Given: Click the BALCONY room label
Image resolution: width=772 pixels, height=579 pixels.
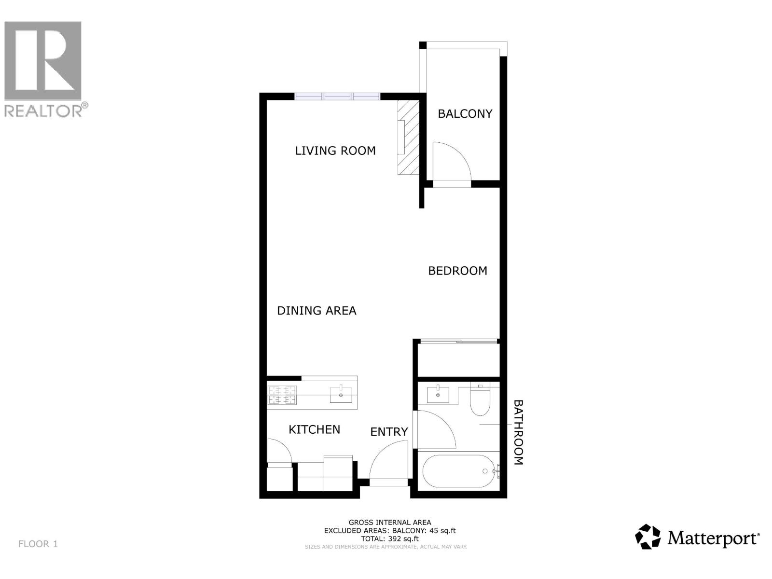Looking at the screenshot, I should click(x=465, y=114).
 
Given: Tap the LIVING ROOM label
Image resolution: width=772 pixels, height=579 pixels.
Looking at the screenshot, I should click(x=335, y=151).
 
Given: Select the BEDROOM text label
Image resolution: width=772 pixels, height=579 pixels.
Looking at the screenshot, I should click(x=457, y=271).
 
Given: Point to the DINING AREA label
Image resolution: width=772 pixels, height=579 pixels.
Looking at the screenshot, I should click(x=317, y=311).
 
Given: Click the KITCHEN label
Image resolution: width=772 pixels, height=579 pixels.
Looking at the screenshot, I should click(x=314, y=429).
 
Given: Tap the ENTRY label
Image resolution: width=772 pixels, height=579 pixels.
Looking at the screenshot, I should click(x=389, y=432).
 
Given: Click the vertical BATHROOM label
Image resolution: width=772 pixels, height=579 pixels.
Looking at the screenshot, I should click(x=518, y=432).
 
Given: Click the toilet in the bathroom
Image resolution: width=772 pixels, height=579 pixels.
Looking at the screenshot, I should click(x=480, y=400).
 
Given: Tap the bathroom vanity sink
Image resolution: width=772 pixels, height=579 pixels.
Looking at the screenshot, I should click(x=438, y=395).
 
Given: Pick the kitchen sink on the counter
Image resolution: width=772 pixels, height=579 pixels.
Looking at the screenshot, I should click(x=341, y=395).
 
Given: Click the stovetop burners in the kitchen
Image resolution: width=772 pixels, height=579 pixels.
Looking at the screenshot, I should click(x=282, y=395).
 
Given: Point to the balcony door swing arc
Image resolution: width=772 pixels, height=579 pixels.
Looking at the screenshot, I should click(x=451, y=162).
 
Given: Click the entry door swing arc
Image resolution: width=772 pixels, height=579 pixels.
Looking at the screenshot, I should click(x=389, y=461).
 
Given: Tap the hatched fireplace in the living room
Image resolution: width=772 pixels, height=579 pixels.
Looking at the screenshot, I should click(x=408, y=138).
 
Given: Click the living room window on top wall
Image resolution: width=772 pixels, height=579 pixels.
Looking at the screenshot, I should click(x=338, y=96).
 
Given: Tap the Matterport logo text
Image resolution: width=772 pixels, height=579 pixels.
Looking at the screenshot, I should click(x=713, y=538).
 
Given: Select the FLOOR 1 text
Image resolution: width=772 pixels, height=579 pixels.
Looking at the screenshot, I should click(x=38, y=544).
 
